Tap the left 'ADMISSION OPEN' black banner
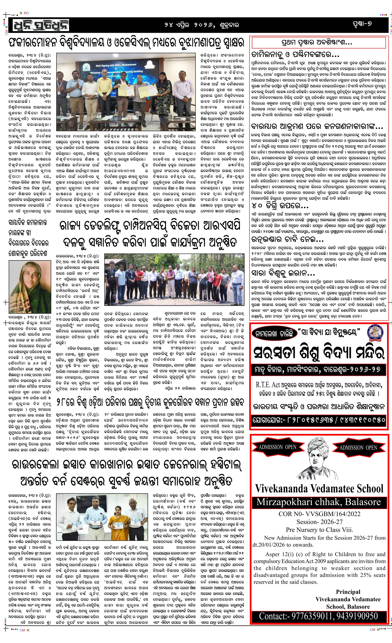click(277, 447)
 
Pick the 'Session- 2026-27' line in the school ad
click(319, 522)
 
